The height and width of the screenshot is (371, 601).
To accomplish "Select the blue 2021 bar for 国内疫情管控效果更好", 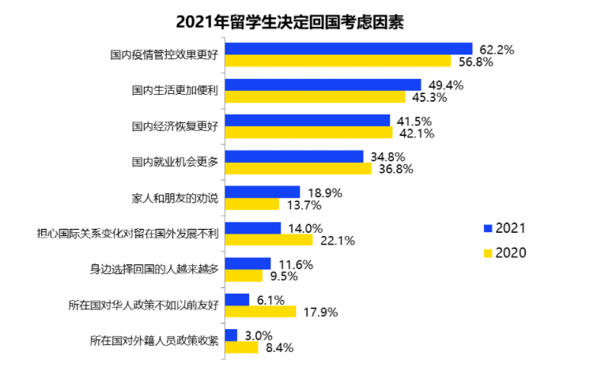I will tap(349, 49).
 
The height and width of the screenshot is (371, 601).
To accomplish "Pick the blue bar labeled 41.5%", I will tap(308, 121).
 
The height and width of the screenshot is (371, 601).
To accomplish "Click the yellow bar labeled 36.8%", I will tap(298, 169).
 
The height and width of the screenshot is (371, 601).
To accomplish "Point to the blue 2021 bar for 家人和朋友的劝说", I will tap(263, 192).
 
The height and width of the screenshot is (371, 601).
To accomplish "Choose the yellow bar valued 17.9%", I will tap(261, 312).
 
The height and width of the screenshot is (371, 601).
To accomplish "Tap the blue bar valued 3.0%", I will tap(232, 335).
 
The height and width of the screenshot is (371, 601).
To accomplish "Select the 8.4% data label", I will tap(279, 347).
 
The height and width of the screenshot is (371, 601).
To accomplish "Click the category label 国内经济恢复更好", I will tap(175, 126).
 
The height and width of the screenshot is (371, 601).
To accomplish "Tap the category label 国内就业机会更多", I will tap(175, 161).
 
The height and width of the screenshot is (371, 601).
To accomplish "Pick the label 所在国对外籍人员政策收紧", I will tap(154, 340).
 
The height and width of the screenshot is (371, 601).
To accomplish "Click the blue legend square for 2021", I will tap(488, 229).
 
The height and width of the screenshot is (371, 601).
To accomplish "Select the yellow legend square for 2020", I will tap(488, 253).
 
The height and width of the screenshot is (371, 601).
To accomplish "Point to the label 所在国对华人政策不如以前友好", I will tap(144, 304).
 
